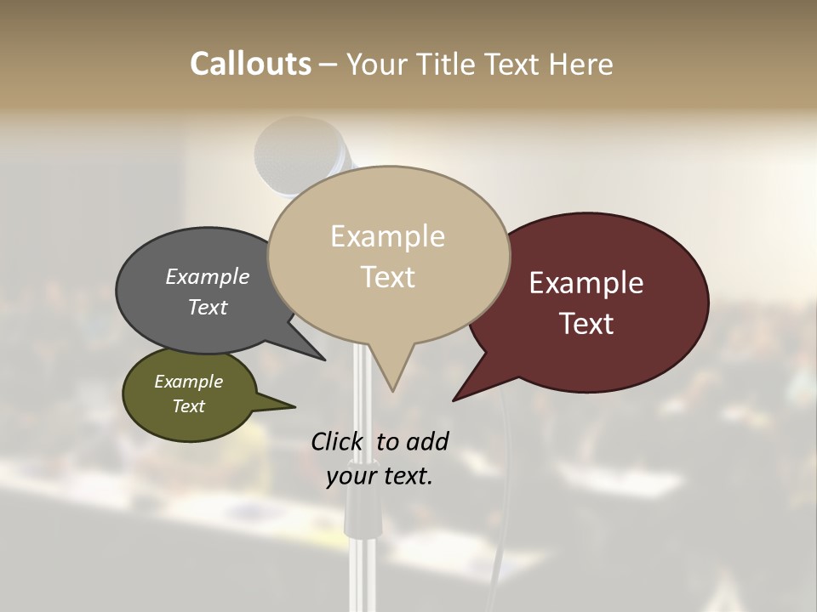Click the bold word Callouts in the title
click(x=250, y=64)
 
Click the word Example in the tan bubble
click(x=387, y=236)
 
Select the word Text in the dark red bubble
click(x=586, y=324)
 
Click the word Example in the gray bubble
click(x=208, y=277)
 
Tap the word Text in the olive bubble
click(x=189, y=406)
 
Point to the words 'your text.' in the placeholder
click(x=380, y=476)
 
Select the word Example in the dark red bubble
click(x=586, y=283)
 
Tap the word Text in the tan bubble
click(x=387, y=277)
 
